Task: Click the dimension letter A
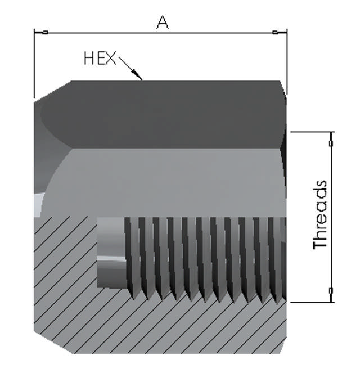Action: click(x=163, y=23)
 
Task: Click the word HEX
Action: click(x=100, y=59)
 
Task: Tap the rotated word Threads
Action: click(x=320, y=214)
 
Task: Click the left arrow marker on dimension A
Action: click(x=45, y=33)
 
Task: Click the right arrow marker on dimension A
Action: click(x=276, y=33)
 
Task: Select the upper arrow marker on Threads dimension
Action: click(x=331, y=143)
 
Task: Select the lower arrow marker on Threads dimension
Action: click(x=331, y=291)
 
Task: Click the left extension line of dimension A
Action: click(x=34, y=64)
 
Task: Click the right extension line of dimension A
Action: click(x=287, y=62)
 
